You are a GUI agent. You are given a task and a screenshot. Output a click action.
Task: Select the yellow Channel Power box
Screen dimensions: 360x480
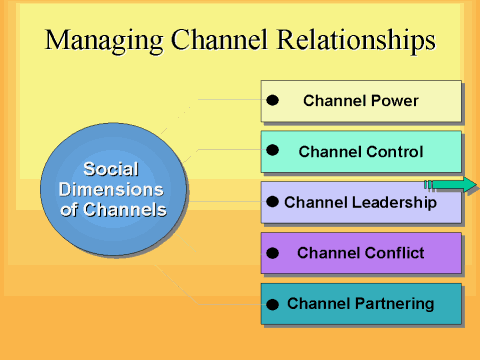coord(361,101)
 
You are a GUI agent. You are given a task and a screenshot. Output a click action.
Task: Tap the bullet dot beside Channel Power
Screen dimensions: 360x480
coord(272,100)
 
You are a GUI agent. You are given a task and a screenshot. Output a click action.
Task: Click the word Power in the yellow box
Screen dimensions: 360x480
coord(396,101)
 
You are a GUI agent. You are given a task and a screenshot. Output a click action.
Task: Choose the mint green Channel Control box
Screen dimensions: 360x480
coord(361,152)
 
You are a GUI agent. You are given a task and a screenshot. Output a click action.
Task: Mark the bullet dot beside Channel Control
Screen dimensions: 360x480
coord(272,150)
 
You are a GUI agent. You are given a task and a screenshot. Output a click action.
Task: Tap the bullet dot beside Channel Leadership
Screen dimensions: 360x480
coord(272,202)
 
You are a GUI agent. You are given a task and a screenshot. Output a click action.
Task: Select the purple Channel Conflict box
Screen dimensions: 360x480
coord(361,253)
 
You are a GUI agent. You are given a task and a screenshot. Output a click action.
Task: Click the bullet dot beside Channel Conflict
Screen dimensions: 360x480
coord(272,252)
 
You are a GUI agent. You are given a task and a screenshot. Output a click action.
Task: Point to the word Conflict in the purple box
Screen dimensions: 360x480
coord(394,253)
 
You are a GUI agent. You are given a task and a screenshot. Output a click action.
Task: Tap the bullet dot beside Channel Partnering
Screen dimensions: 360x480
coord(272,304)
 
